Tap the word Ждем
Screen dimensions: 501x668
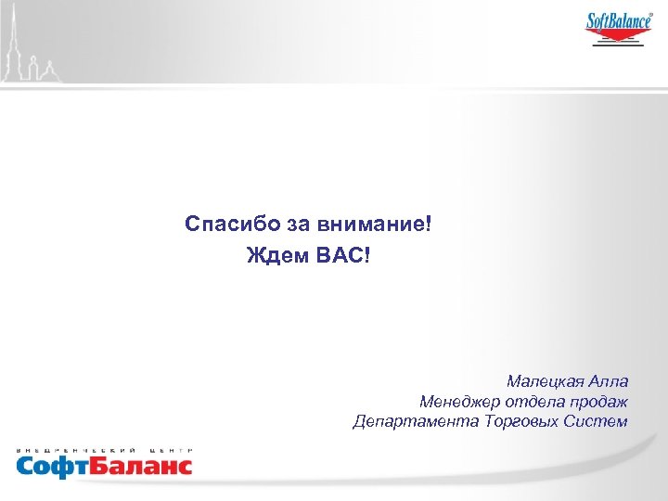[x=273, y=253]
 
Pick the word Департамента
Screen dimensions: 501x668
[x=415, y=422]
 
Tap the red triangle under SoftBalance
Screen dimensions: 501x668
[x=618, y=36]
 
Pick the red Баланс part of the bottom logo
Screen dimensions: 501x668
[x=140, y=464]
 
